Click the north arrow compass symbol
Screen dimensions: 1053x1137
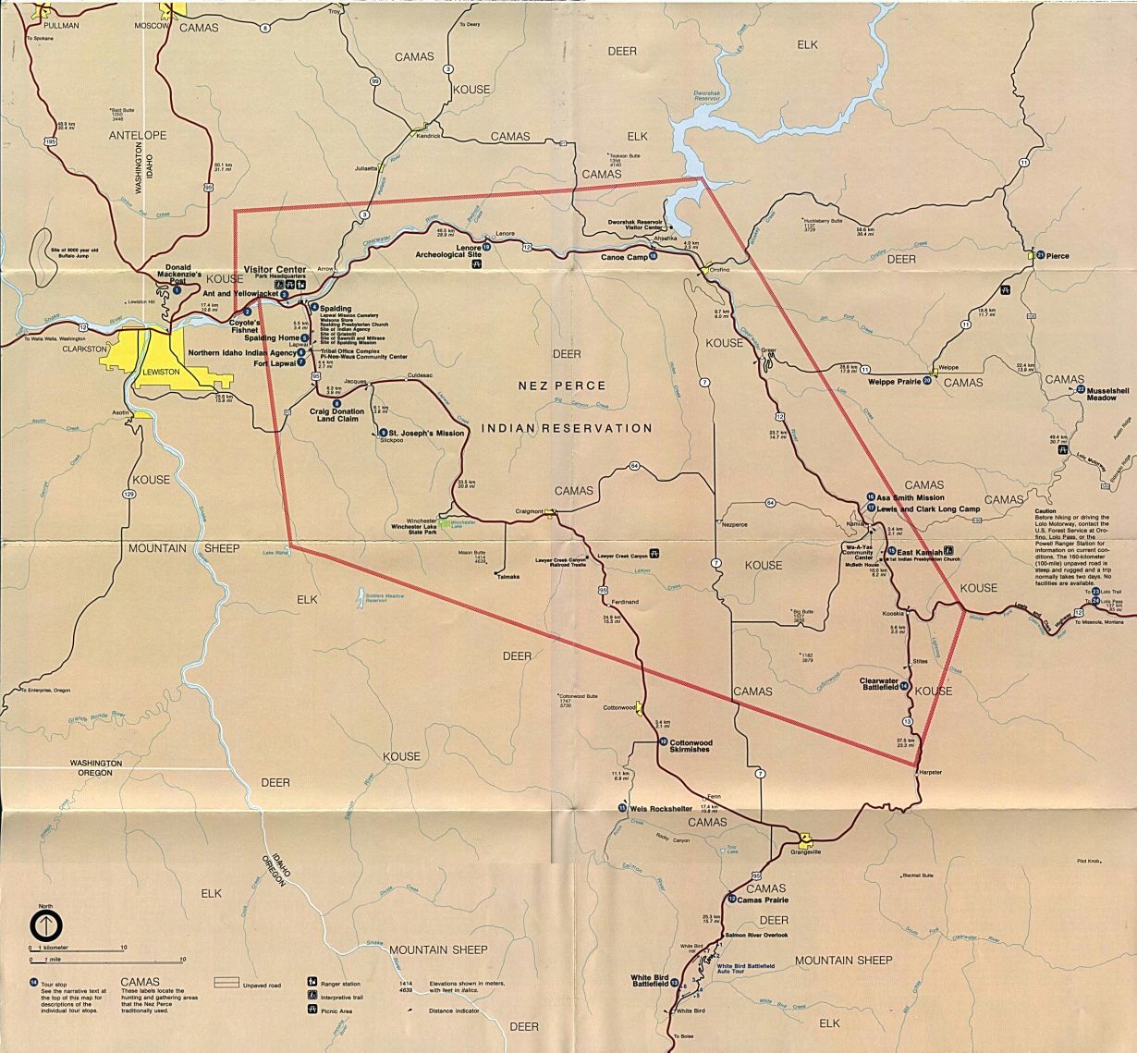click(45, 924)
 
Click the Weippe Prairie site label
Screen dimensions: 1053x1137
click(895, 381)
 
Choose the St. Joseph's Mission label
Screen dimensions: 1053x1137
click(425, 432)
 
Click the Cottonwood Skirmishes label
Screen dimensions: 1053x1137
click(703, 747)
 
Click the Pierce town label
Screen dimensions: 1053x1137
click(1058, 255)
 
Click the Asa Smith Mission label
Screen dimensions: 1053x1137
click(911, 497)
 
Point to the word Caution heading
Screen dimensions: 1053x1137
click(1045, 510)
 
